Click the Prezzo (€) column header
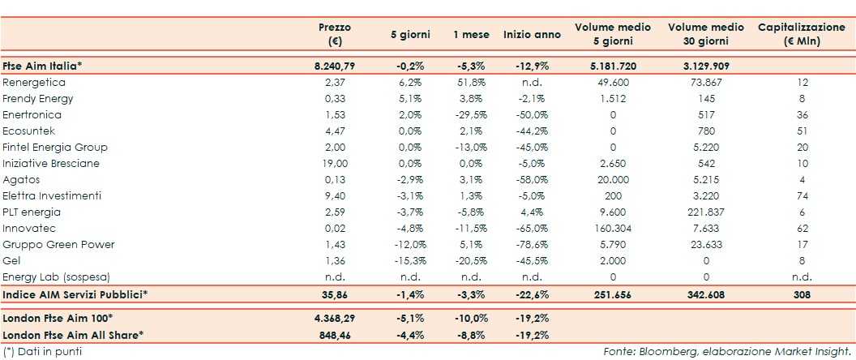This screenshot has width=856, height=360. click(334, 34)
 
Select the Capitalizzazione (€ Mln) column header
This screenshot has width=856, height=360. click(801, 34)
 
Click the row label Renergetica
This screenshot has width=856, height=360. click(34, 82)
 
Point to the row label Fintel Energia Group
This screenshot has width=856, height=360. click(55, 147)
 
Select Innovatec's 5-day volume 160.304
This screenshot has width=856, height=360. click(613, 228)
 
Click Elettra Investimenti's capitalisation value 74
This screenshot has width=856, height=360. click(801, 195)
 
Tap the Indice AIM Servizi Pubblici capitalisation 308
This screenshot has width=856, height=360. click(801, 294)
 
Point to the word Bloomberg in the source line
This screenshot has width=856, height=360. click(666, 351)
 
